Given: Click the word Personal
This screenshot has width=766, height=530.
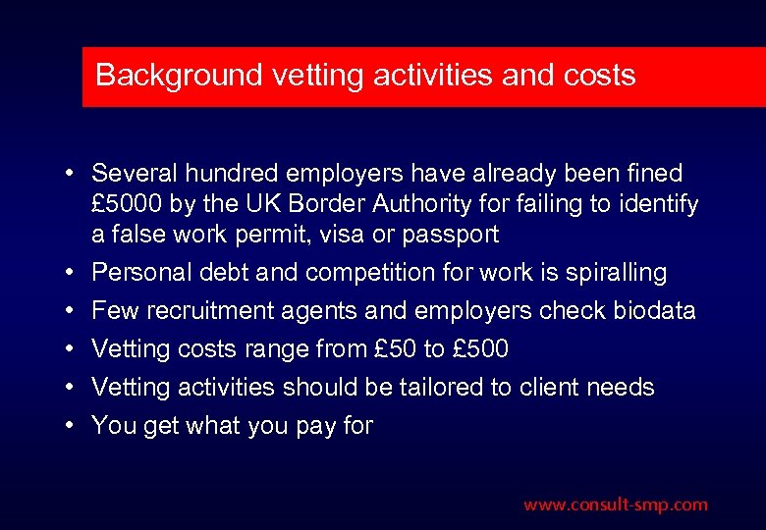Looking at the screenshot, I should pyautogui.click(x=137, y=273).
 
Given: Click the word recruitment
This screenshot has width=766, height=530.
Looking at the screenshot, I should pyautogui.click(x=204, y=311).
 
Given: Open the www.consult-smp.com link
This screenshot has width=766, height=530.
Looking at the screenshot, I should pyautogui.click(x=615, y=504).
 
